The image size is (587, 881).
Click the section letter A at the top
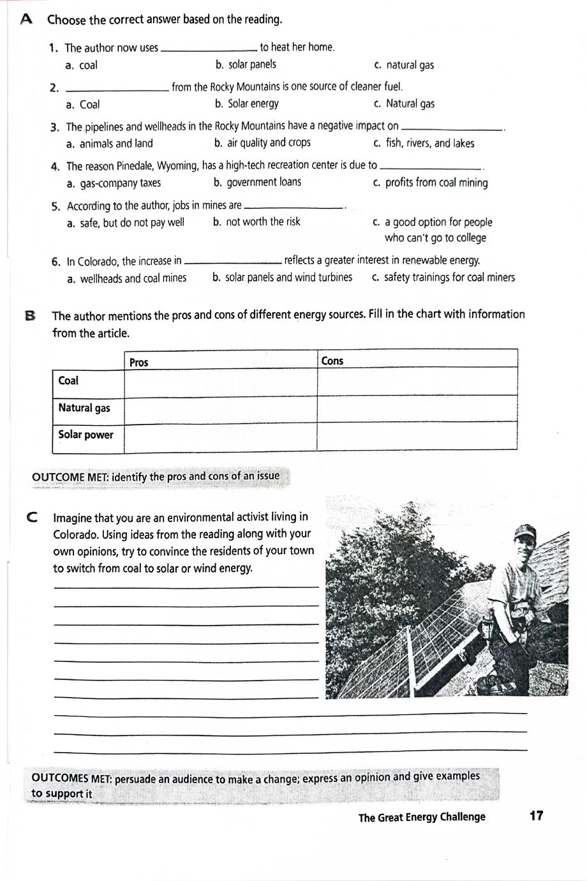tap(26, 20)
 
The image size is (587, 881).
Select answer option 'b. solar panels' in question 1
tap(246, 64)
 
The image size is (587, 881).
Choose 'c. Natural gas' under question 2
tap(404, 104)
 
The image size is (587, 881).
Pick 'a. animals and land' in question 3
tap(110, 144)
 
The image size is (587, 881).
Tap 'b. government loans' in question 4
tap(257, 183)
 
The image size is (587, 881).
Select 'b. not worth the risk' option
tap(256, 222)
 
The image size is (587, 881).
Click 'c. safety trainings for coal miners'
tap(443, 278)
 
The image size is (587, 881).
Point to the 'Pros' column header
tap(138, 363)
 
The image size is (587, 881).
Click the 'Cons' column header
tap(332, 361)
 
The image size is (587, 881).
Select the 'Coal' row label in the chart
tap(68, 380)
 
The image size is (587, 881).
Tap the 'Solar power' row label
tap(85, 435)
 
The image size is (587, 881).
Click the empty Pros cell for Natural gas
tap(220, 408)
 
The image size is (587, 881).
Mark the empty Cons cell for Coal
tap(416, 381)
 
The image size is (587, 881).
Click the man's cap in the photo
tap(525, 531)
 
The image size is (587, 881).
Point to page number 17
tap(536, 815)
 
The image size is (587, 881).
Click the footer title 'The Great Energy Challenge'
tap(422, 817)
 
